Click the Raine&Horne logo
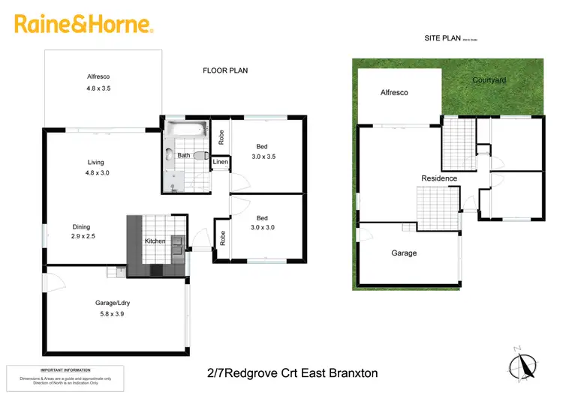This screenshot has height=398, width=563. click(84, 25)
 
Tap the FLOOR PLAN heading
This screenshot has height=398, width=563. click(225, 70)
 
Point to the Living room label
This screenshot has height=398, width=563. click(95, 162)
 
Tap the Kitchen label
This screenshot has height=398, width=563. click(155, 241)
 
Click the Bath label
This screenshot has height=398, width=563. click(183, 156)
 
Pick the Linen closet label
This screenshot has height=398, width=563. click(221, 162)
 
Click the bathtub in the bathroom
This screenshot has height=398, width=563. click(185, 130)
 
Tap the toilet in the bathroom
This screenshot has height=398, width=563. click(200, 156)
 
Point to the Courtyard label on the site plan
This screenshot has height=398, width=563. click(489, 80)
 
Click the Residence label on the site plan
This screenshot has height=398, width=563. click(439, 178)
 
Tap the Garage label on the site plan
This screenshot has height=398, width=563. click(404, 253)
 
